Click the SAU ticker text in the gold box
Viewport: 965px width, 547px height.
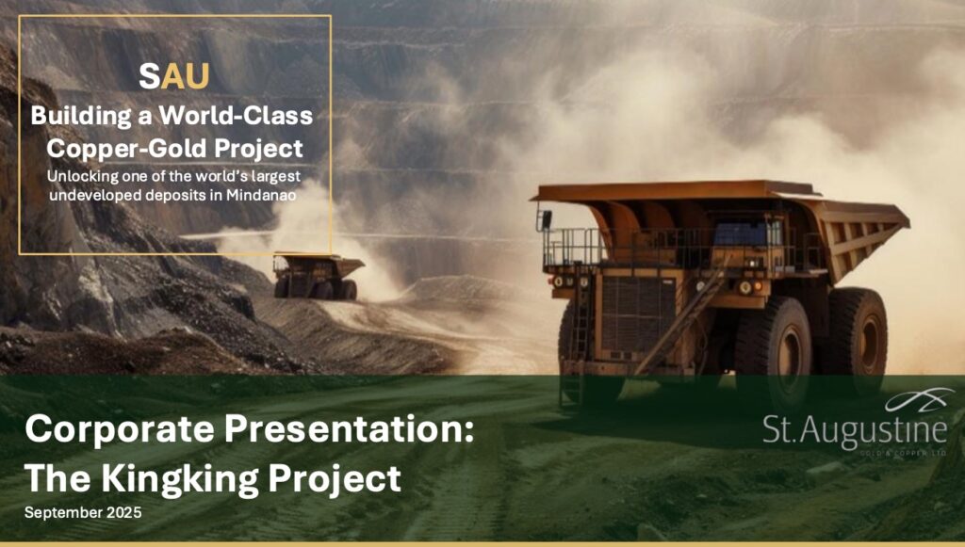coord(174,76)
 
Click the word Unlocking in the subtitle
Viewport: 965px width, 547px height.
coord(83,176)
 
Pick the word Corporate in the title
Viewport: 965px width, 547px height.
coord(120,429)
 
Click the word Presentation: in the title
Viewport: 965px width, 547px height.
coord(350,428)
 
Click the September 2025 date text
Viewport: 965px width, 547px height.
coord(83,512)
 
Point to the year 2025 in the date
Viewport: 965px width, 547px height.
coord(123,512)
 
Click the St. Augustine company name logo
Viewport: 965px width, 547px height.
coord(855,430)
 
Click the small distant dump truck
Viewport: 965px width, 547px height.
coord(319,275)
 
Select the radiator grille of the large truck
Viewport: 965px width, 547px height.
coord(638,314)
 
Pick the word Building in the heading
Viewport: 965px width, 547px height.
coord(81,116)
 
